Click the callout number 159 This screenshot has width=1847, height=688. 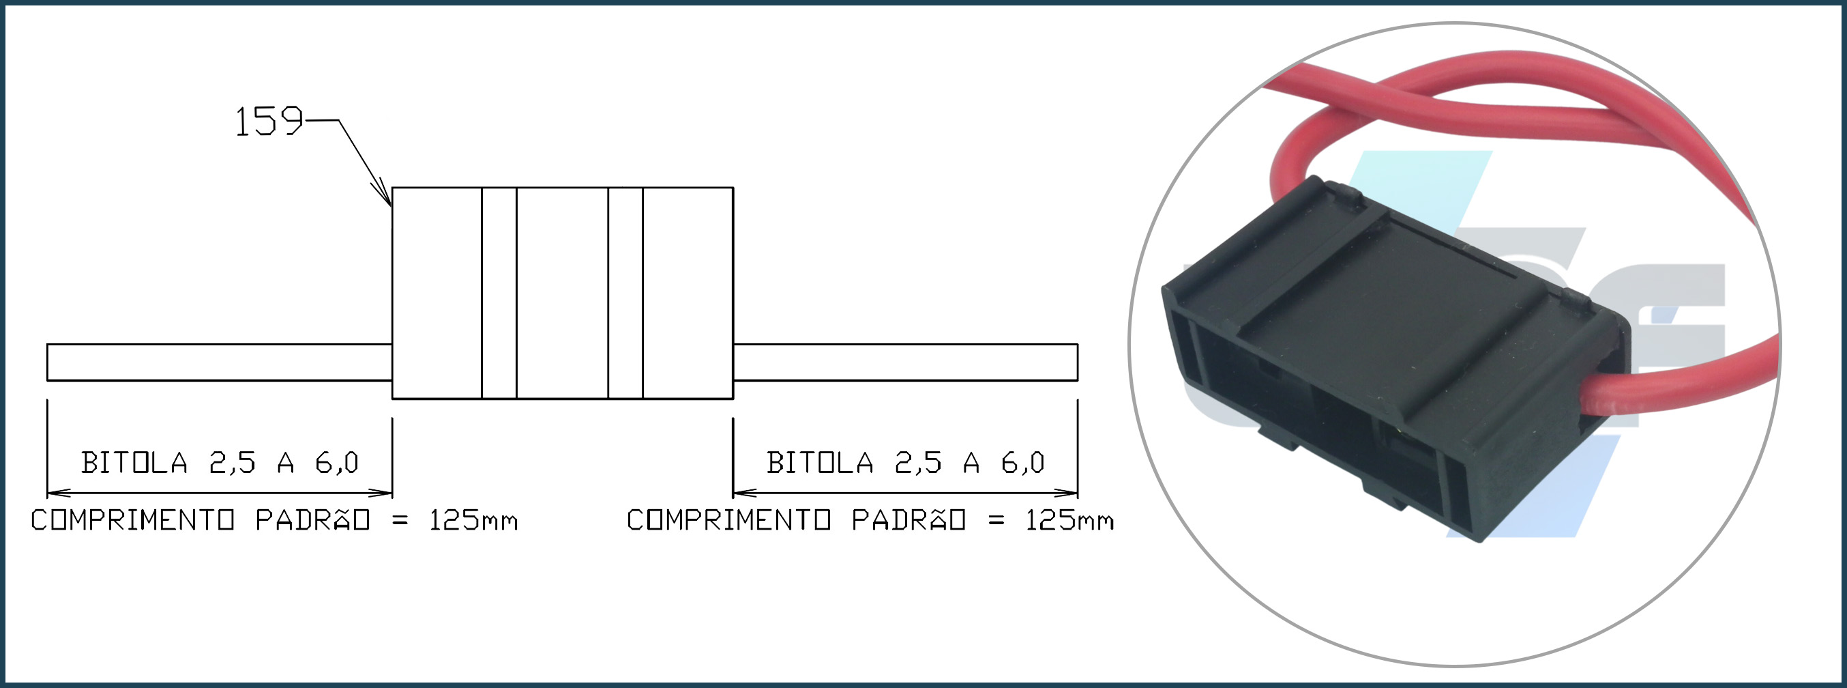point(269,122)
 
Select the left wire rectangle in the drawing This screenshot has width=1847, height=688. point(220,362)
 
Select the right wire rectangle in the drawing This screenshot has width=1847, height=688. point(905,362)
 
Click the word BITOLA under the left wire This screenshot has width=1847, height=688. point(135,463)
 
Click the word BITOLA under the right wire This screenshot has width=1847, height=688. point(821,463)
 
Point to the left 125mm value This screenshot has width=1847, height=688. point(473,520)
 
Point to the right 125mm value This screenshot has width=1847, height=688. point(1069,520)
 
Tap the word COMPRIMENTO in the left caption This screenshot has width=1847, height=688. point(132,520)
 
